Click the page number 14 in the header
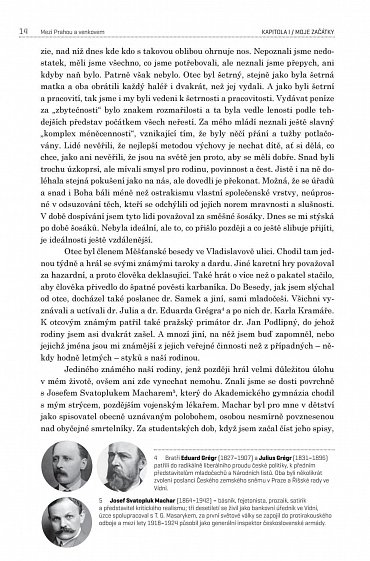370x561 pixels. click(x=22, y=11)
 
